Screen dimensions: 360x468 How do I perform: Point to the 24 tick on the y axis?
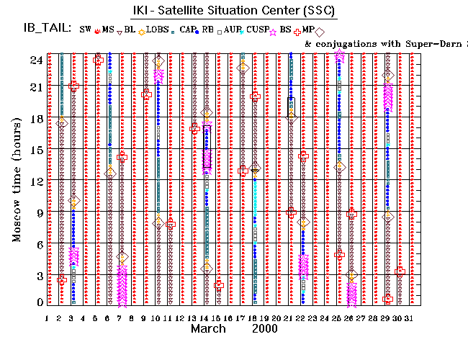(35, 60)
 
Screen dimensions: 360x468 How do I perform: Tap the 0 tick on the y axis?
(39, 303)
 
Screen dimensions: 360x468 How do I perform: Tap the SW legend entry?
(86, 30)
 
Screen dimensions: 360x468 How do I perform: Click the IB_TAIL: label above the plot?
(45, 29)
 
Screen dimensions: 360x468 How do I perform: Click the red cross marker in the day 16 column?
(219, 285)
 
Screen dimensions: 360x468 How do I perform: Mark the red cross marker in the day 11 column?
(170, 224)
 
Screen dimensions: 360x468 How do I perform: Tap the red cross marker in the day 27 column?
(351, 214)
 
